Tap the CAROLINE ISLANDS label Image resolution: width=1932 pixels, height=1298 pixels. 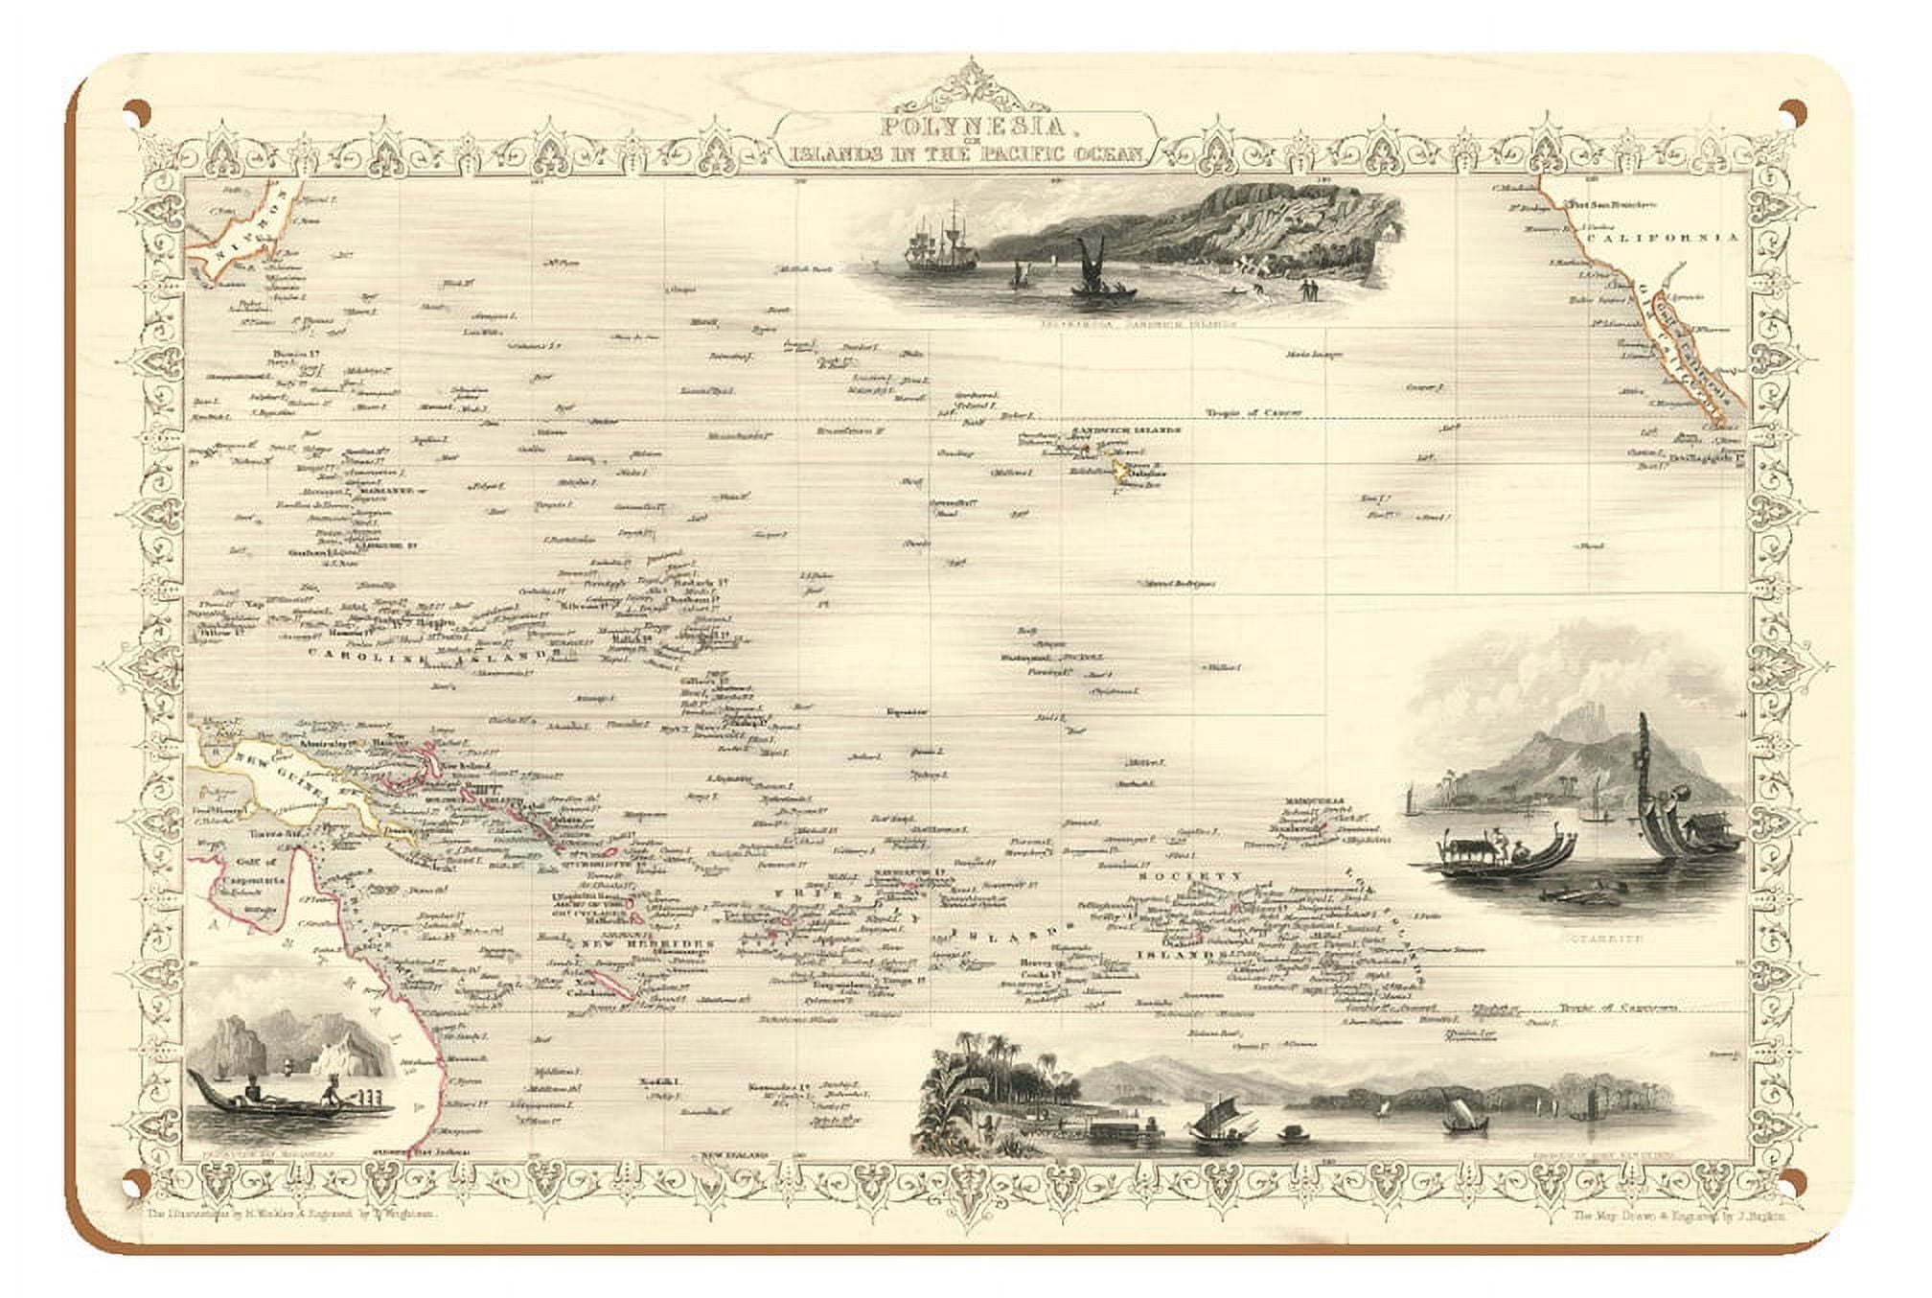pyautogui.click(x=436, y=653)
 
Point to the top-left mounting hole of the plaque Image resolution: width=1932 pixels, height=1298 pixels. pyautogui.click(x=141, y=111)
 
